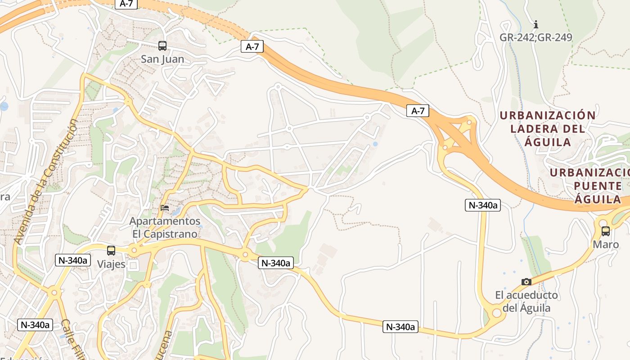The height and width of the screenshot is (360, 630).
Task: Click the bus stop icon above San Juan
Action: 162,45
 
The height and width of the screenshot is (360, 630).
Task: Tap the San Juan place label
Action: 162,59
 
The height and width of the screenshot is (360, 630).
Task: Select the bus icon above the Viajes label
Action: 111,251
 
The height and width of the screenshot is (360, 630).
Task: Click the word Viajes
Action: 111,264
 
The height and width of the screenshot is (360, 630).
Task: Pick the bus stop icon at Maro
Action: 606,231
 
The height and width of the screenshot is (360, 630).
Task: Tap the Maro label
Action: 606,245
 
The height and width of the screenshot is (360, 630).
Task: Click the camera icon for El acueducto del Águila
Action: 526,282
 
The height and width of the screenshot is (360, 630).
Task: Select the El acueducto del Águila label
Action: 526,301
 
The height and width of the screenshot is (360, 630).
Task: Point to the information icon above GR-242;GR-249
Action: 535,24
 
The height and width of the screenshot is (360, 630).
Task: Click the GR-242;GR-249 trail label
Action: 535,37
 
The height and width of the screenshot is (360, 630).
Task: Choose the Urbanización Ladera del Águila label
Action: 548,129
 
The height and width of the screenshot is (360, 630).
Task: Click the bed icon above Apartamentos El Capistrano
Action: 165,208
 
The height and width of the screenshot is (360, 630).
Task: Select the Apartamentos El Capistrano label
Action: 165,228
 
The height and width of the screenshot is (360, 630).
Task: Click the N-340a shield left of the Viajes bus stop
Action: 73,260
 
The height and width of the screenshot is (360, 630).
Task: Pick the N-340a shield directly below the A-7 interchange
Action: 482,205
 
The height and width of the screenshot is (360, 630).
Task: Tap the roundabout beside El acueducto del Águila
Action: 496,312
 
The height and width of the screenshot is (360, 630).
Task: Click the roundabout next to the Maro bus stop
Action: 602,222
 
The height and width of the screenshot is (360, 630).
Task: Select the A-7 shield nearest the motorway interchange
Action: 418,111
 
